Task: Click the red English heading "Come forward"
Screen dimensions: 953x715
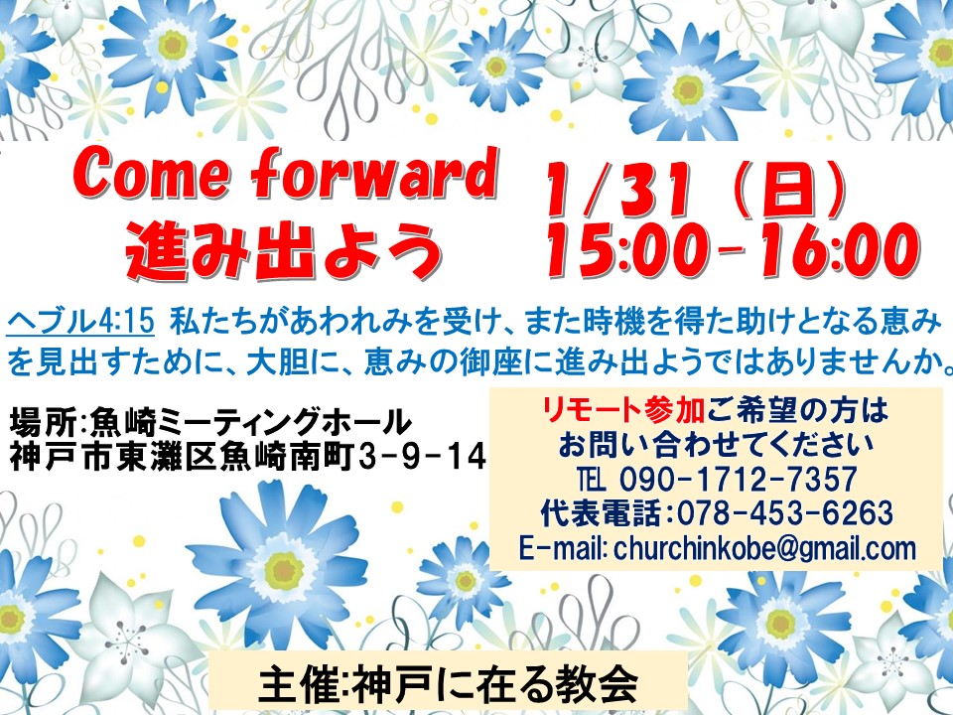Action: [x=285, y=175]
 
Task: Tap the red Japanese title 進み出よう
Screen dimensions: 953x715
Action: [x=283, y=249]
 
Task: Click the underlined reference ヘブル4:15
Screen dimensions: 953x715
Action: [x=80, y=321]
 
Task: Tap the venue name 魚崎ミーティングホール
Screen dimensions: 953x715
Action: [x=248, y=422]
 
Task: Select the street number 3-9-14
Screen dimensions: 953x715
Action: [x=423, y=457]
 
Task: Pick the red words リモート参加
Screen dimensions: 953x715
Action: [x=623, y=410]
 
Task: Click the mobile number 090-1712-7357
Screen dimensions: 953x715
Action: [x=738, y=479]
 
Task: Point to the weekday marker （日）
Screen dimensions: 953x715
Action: [x=789, y=190]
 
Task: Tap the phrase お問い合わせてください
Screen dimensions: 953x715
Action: [x=716, y=445]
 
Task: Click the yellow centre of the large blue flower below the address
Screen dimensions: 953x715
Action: [x=284, y=571]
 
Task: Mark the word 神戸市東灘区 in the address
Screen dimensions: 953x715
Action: [x=113, y=457]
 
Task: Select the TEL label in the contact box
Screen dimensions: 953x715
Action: [x=592, y=479]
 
